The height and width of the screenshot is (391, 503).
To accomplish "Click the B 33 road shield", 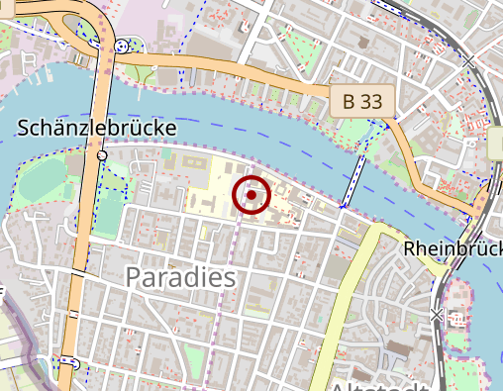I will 362,100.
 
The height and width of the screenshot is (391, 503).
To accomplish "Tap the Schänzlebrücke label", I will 97,129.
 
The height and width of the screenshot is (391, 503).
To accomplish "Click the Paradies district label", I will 181,277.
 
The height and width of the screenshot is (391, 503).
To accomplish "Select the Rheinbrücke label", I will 453,250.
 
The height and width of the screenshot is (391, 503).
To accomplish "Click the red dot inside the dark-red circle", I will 251,195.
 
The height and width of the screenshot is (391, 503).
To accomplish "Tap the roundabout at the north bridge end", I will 121,46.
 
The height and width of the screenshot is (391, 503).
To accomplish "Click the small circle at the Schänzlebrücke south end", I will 102,156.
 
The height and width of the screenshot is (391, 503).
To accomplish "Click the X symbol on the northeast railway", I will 468,61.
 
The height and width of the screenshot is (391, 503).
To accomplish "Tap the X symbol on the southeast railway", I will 437,315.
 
